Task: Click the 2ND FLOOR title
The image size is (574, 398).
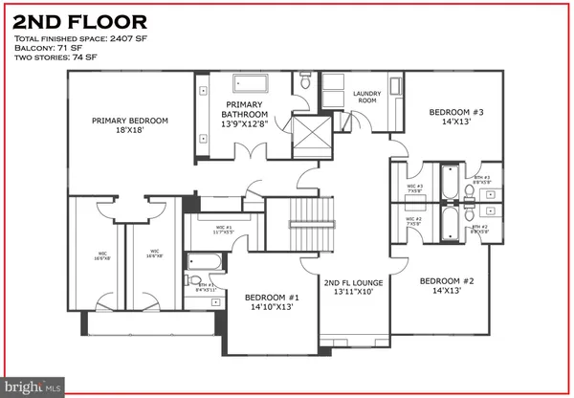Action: (79, 20)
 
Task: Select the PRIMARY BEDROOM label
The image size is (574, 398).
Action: (130, 126)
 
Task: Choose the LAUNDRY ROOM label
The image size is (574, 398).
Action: (367, 98)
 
